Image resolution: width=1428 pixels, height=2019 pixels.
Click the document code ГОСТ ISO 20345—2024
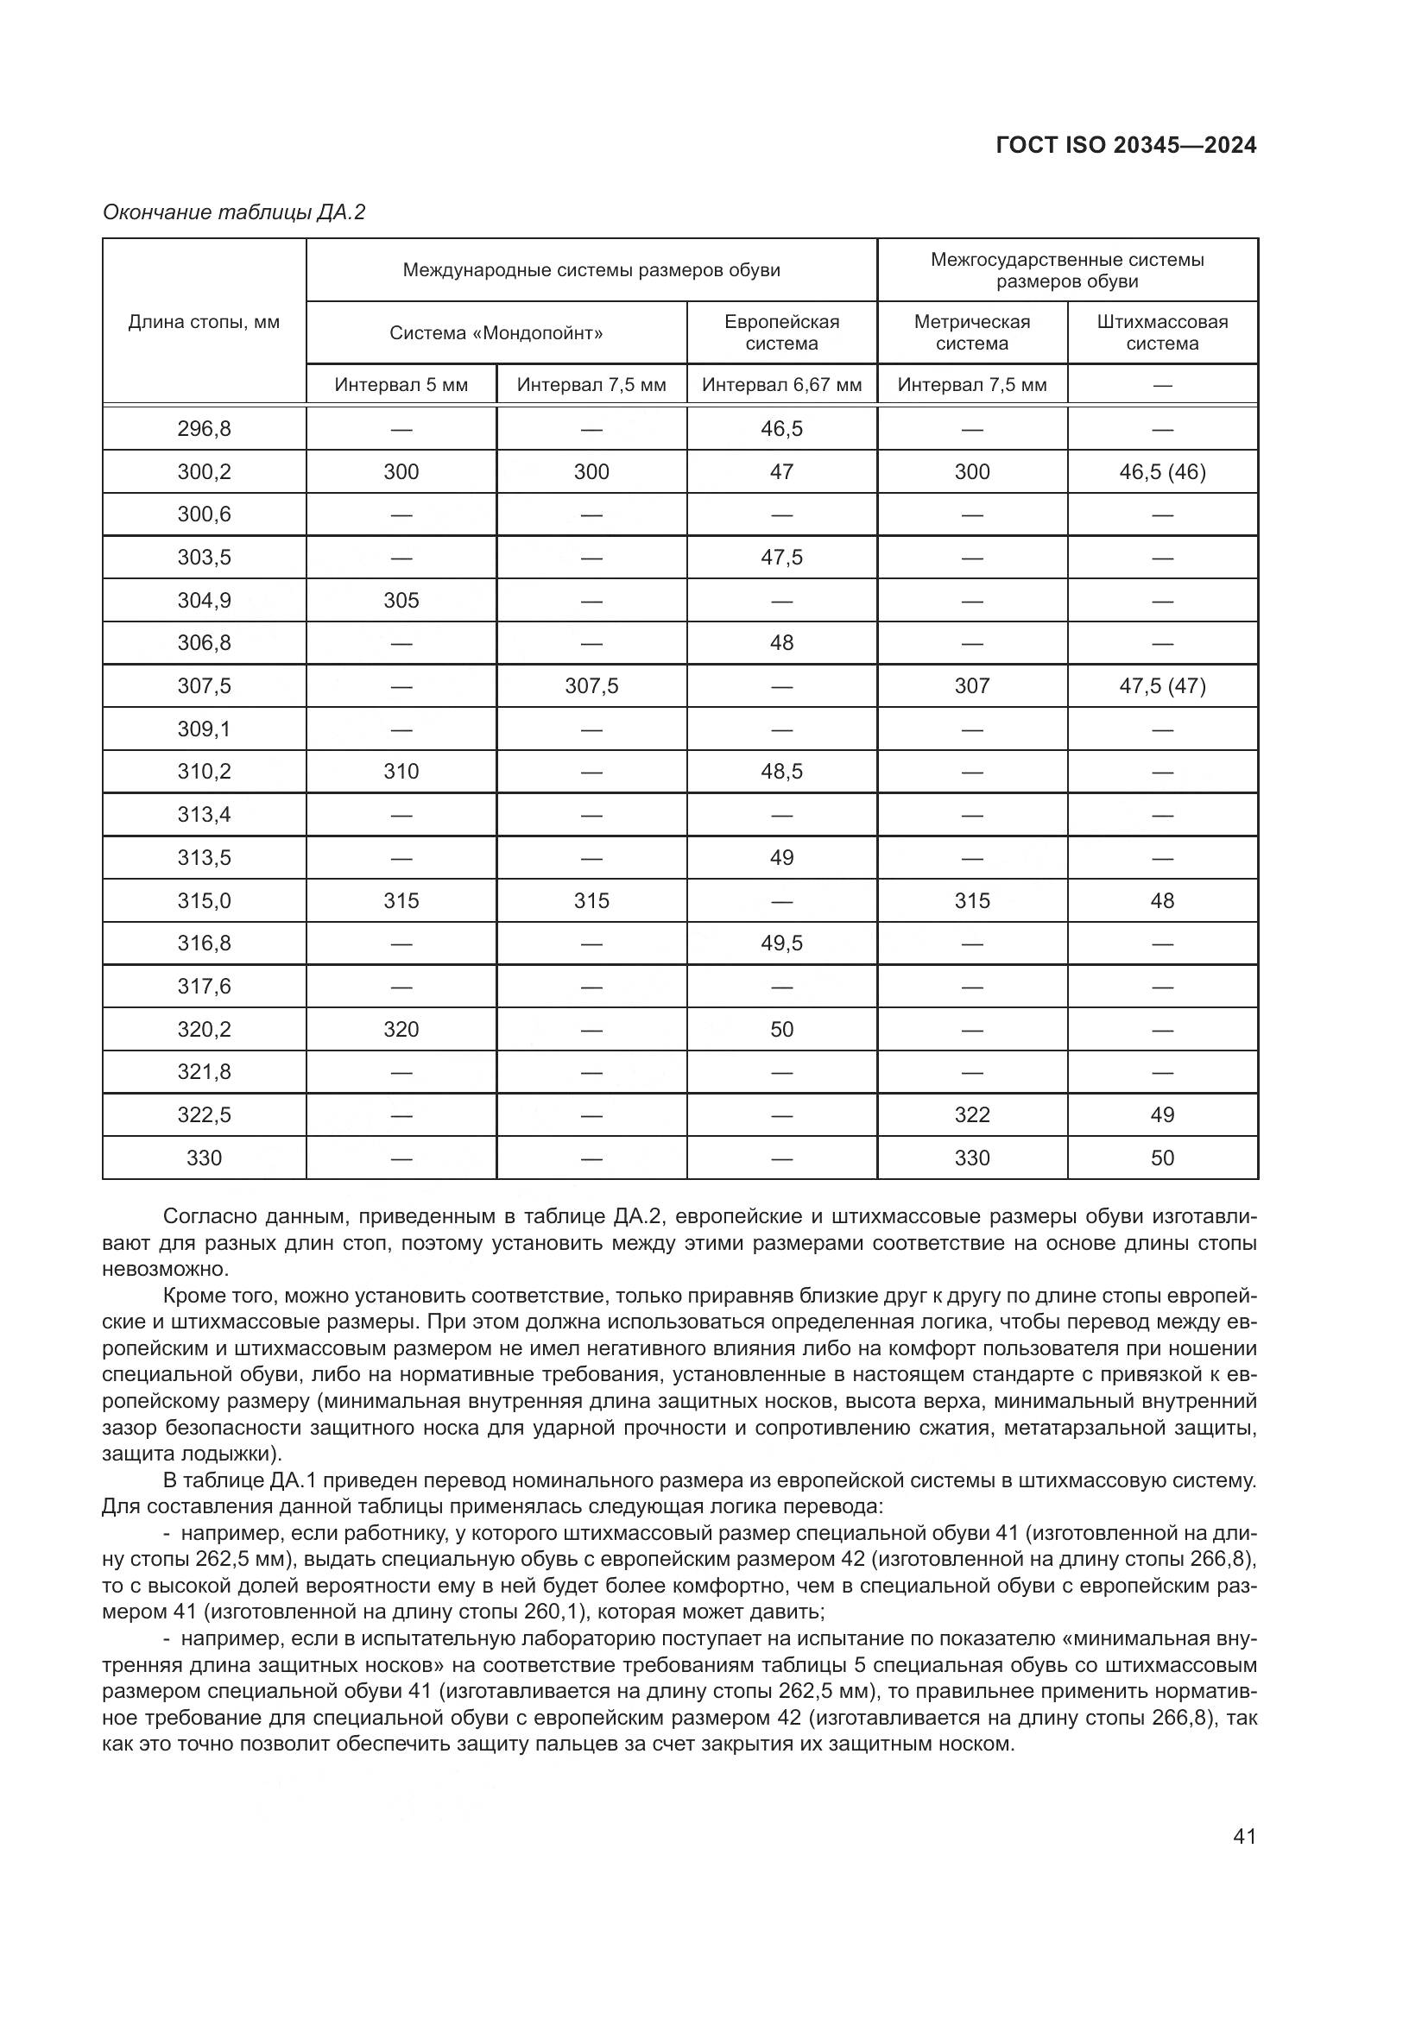1126,145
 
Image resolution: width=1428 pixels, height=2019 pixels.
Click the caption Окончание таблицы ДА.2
234,212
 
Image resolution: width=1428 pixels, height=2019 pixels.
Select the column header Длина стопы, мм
204,322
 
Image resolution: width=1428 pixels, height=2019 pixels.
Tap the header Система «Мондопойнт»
496,333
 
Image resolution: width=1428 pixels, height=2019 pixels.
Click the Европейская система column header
781,332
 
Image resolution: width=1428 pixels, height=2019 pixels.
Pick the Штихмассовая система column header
1161,332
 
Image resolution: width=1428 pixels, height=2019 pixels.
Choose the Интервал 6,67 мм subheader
781,385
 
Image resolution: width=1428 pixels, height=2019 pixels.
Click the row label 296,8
204,429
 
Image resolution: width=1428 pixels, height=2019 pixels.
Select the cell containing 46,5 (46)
1161,472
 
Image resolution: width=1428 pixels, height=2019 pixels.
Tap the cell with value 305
401,601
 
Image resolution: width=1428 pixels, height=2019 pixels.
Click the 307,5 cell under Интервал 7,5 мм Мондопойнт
591,686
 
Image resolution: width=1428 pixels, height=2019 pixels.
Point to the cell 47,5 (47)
1161,686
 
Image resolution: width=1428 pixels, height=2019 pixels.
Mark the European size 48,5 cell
781,771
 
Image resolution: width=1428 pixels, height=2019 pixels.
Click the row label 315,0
204,900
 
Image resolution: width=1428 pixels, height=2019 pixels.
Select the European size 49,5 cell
781,943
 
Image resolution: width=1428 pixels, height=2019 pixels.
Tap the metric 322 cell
971,1115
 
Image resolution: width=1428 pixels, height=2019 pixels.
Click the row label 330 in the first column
204,1158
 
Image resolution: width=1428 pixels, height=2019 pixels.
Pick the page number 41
1244,1836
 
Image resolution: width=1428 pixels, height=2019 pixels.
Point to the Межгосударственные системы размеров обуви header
1066,270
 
